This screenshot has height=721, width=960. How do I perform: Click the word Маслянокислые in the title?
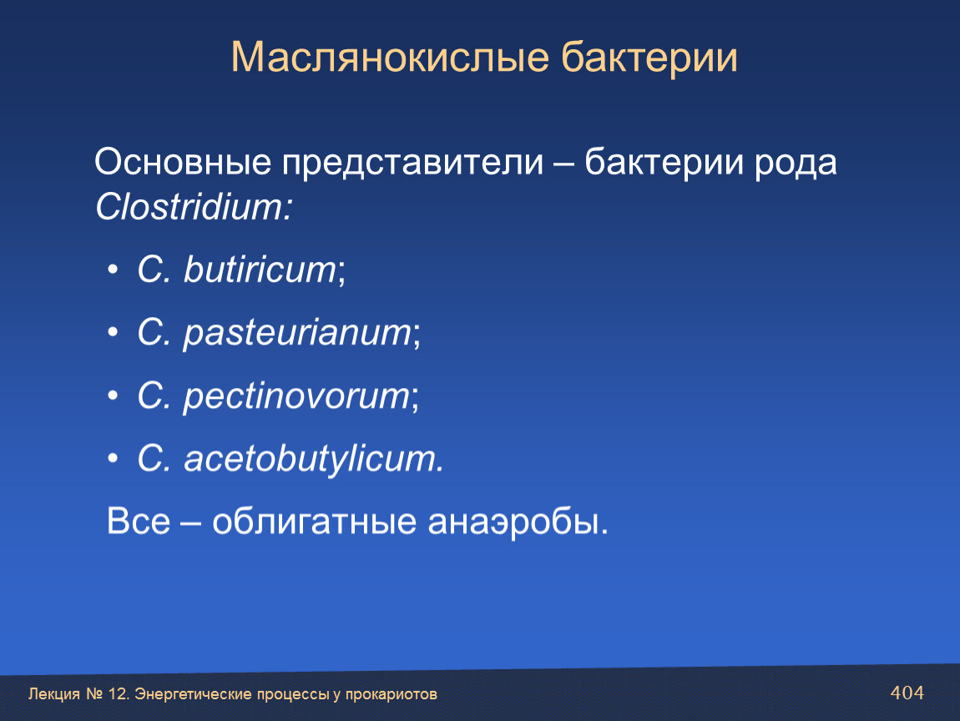tap(390, 58)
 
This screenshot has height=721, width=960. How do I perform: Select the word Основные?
tap(183, 162)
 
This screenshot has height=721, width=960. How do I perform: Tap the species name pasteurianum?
tap(298, 334)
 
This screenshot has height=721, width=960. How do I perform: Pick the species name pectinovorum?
tap(297, 396)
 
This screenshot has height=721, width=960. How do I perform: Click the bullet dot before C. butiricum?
tap(113, 270)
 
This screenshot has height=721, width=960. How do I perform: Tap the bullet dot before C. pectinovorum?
tap(113, 396)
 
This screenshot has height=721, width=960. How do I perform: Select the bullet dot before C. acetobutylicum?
tap(113, 458)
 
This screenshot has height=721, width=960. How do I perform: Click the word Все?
tap(139, 521)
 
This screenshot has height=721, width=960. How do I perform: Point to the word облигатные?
tap(314, 522)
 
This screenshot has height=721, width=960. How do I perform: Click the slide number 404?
tap(907, 693)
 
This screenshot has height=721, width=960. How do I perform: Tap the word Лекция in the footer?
tap(54, 694)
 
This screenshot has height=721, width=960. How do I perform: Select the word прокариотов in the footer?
tap(392, 694)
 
